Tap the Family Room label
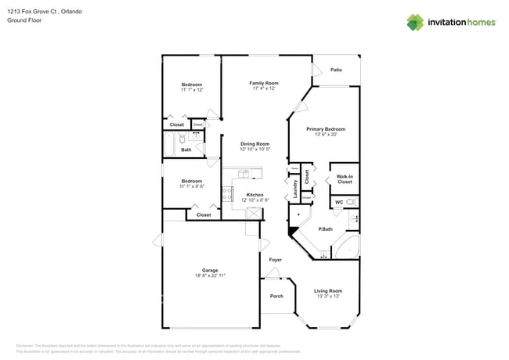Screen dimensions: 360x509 click(x=264, y=83)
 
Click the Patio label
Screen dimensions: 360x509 click(x=336, y=70)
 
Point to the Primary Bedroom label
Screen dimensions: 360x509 click(x=326, y=128)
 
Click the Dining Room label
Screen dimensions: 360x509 click(x=254, y=144)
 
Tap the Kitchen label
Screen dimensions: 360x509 click(x=254, y=195)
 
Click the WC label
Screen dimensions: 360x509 click(x=339, y=203)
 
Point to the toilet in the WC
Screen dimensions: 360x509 click(x=352, y=203)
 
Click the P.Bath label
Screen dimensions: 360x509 click(x=326, y=229)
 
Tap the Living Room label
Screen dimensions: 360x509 click(x=329, y=290)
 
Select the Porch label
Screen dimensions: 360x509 click(x=276, y=296)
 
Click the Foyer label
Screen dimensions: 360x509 click(x=276, y=259)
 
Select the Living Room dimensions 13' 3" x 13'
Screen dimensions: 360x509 click(x=329, y=297)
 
